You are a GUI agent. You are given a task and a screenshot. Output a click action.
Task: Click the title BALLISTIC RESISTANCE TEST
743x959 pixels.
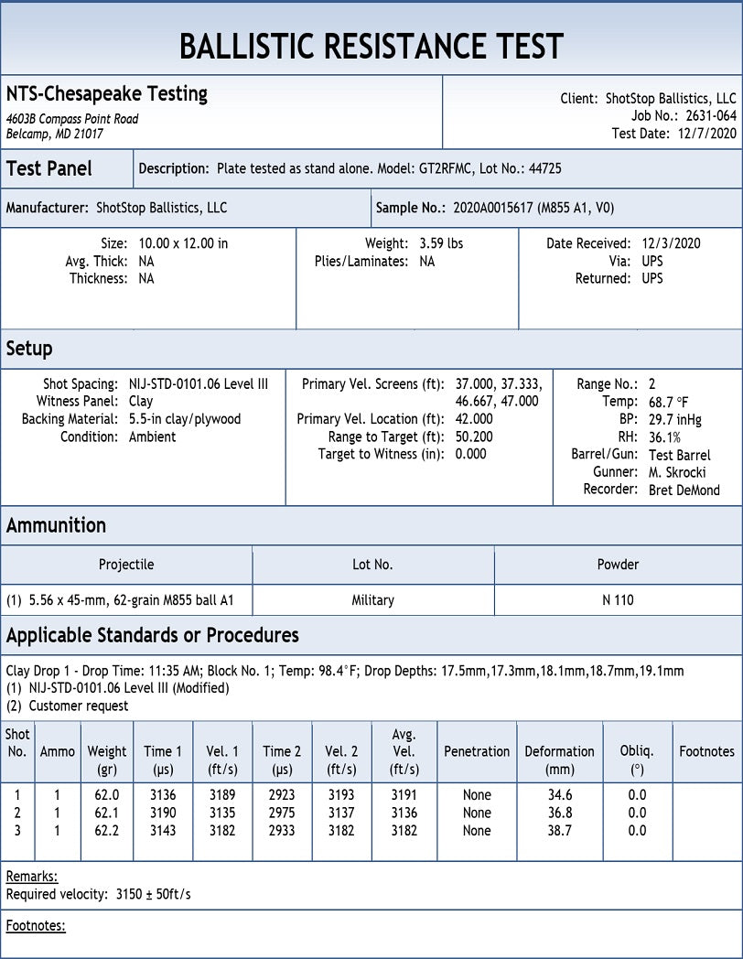pyautogui.click(x=371, y=46)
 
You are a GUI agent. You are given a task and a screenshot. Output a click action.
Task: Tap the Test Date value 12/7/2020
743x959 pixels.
pyautogui.click(x=706, y=134)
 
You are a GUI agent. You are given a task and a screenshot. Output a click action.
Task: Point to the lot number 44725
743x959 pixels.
pyautogui.click(x=544, y=168)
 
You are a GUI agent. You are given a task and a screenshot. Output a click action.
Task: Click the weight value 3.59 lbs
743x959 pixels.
pyautogui.click(x=441, y=243)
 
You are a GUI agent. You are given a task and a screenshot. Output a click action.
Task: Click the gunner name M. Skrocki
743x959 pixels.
pyautogui.click(x=677, y=472)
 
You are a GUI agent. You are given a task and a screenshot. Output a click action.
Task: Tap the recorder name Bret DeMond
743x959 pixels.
pyautogui.click(x=684, y=490)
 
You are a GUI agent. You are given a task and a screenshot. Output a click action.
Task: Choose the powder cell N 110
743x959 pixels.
pyautogui.click(x=618, y=600)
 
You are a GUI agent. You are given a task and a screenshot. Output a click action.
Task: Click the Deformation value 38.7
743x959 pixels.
pyautogui.click(x=559, y=831)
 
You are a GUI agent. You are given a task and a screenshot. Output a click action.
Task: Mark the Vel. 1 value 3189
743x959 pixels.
pyautogui.click(x=222, y=795)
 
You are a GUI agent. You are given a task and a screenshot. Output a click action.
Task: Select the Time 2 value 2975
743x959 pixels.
pyautogui.click(x=282, y=813)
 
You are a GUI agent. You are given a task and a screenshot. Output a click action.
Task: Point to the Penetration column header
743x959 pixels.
pyautogui.click(x=477, y=751)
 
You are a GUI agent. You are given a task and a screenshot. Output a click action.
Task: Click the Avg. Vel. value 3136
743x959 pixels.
pyautogui.click(x=404, y=813)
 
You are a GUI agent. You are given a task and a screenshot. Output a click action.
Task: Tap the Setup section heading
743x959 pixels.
pyautogui.click(x=29, y=349)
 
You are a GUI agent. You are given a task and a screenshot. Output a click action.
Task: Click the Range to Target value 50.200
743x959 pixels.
pyautogui.click(x=474, y=436)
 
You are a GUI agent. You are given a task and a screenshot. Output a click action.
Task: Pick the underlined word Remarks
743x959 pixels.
pyautogui.click(x=32, y=877)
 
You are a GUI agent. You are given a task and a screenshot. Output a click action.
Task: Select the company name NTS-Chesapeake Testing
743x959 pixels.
pyautogui.click(x=107, y=93)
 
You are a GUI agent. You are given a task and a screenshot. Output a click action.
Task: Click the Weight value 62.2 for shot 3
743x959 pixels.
pyautogui.click(x=107, y=831)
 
